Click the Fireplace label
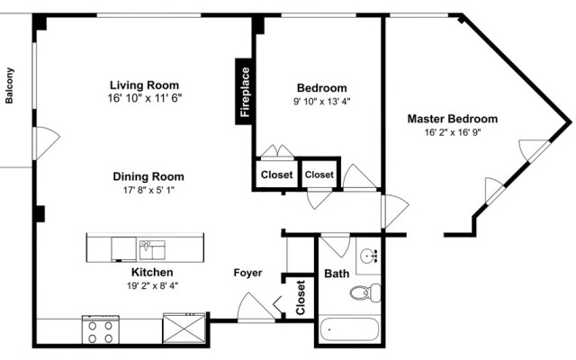[x=245, y=92]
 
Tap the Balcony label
[x=9, y=85]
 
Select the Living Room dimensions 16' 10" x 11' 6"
[x=145, y=98]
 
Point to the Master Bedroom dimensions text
[x=453, y=132]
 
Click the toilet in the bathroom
[x=365, y=292]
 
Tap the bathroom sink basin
[x=368, y=256]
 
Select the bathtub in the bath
[x=349, y=329]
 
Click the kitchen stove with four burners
[x=101, y=329]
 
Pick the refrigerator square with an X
[x=184, y=328]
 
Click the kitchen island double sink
[x=152, y=250]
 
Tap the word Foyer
[x=248, y=273]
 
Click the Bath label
[x=337, y=274]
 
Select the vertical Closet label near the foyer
[x=301, y=298]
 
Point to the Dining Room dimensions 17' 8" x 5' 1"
[x=148, y=190]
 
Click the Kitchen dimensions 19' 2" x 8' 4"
[x=152, y=285]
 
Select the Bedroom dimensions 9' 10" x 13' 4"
[x=322, y=102]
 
